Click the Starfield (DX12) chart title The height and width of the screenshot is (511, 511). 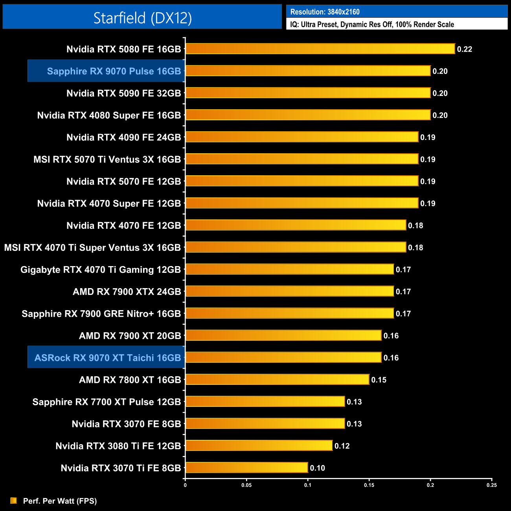(x=142, y=18)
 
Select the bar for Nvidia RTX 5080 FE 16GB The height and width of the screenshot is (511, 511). (x=320, y=49)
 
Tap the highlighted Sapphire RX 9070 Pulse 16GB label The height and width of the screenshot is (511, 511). (x=114, y=71)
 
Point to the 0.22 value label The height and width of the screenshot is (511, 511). (x=464, y=49)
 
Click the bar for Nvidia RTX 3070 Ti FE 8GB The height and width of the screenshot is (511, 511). (x=246, y=467)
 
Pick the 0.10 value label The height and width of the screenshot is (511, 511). (x=317, y=468)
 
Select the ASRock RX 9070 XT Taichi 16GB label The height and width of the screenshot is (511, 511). (x=108, y=358)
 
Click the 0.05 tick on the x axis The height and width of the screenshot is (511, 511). (x=246, y=485)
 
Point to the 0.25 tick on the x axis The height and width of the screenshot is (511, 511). (x=491, y=485)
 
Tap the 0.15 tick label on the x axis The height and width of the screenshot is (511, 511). (x=369, y=485)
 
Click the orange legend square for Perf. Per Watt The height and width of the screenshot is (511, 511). (x=13, y=500)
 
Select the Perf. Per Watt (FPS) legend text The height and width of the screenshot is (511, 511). (x=60, y=501)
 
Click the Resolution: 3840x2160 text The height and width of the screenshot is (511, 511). (x=325, y=12)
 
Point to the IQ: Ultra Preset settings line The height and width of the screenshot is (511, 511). (x=372, y=24)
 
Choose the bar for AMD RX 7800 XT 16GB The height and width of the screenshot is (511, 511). (x=277, y=379)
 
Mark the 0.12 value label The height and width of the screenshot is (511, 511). (x=342, y=446)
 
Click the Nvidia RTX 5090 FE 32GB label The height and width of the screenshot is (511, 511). (x=123, y=93)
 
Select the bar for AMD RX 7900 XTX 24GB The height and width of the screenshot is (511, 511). (x=289, y=291)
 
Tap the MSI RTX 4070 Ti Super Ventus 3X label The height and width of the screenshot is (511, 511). (x=92, y=248)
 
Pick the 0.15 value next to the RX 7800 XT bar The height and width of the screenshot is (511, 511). (x=379, y=380)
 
